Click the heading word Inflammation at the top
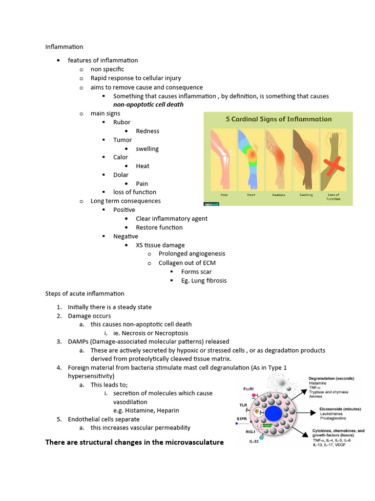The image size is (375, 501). pos(64,47)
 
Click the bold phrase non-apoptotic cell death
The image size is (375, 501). pos(148,105)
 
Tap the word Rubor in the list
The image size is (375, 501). pos(122,122)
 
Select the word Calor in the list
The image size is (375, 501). pos(121,157)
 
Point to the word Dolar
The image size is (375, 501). pos(121,175)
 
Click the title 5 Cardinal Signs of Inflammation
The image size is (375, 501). pos(278,119)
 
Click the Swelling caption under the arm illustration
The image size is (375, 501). pos(306,195)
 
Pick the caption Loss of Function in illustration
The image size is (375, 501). pos(333,197)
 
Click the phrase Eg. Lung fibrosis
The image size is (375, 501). pos(204,280)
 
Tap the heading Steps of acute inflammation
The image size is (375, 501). pos(85,294)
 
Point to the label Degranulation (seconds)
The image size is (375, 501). pos(331,378)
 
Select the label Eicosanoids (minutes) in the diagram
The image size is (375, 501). pos(331,408)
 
